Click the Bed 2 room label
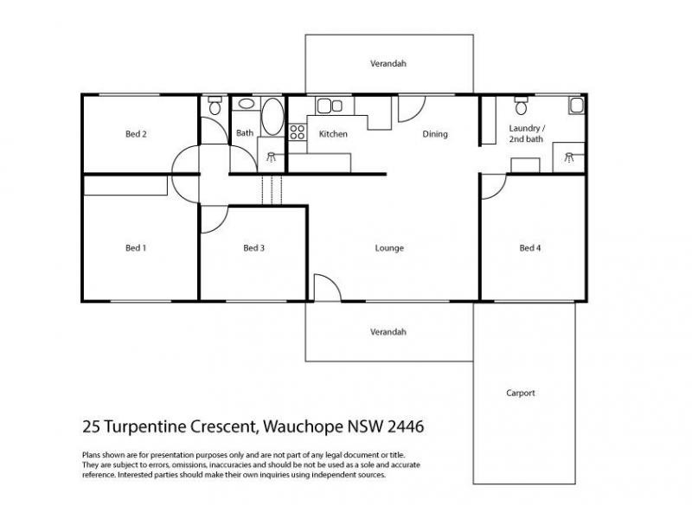(136, 134)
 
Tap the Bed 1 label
(136, 248)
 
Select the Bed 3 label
(253, 248)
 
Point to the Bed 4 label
(529, 248)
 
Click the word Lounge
(389, 248)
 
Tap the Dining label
(434, 134)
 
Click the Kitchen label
(333, 134)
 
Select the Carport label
(521, 393)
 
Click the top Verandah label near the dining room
(388, 64)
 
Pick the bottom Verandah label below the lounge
(388, 332)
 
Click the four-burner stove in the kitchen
(297, 132)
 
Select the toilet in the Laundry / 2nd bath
(521, 106)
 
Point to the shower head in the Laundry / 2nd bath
(569, 157)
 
